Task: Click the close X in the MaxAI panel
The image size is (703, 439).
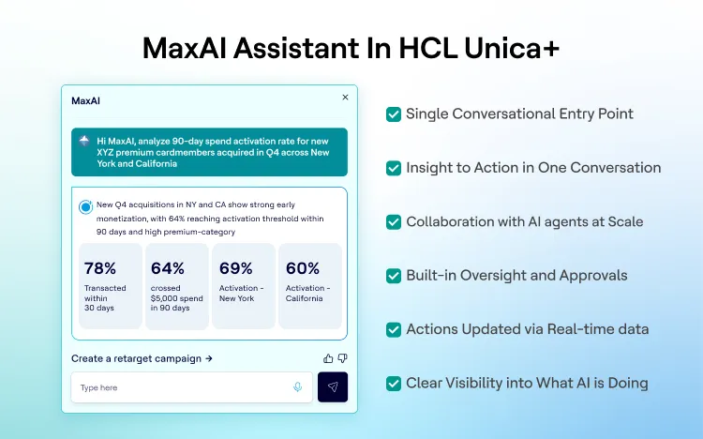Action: [x=345, y=97]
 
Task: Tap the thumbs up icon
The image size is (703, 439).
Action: [x=328, y=358]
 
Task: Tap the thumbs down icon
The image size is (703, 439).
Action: [x=342, y=358]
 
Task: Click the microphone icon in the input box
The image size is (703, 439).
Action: [x=298, y=387]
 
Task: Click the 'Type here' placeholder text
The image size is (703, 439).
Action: [x=98, y=387]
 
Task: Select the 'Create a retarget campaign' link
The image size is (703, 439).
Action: [x=142, y=358]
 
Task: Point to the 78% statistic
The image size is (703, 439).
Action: [x=100, y=268]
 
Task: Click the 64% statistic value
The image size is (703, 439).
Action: [x=168, y=268]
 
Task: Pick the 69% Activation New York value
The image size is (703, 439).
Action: [x=236, y=268]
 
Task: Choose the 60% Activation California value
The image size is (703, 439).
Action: [x=303, y=268]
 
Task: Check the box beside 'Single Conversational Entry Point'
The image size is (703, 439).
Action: [x=394, y=114]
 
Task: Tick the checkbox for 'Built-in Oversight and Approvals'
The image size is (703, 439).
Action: [x=394, y=276]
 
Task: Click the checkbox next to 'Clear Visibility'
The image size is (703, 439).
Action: [x=394, y=383]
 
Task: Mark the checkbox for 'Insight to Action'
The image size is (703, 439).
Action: [x=394, y=168]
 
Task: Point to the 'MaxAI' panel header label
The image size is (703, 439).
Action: [x=85, y=100]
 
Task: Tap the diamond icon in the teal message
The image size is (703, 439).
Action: [x=84, y=141]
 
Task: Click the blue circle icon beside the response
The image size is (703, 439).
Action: [x=85, y=206]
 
